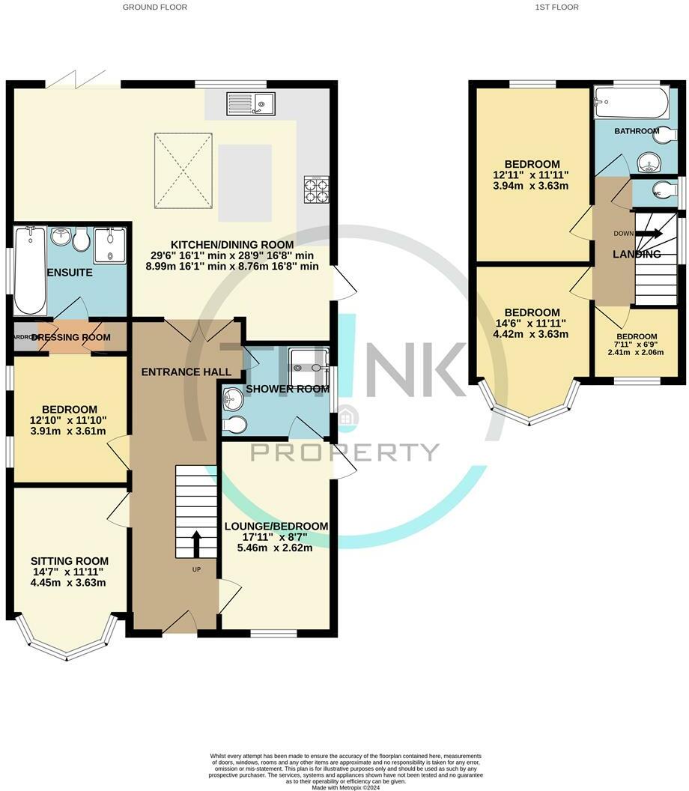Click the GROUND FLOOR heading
(156, 7)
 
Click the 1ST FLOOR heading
(556, 7)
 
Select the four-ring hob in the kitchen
(317, 189)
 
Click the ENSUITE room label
(69, 273)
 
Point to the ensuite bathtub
(29, 271)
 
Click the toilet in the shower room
(235, 425)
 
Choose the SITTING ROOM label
(70, 560)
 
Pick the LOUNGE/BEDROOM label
(276, 527)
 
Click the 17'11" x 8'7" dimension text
(276, 536)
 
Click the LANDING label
(637, 255)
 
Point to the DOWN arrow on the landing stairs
(648, 234)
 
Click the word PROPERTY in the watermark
(344, 452)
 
